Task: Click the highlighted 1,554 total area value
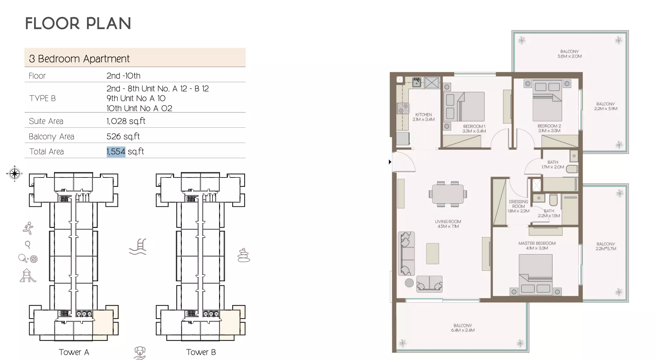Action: tap(116, 152)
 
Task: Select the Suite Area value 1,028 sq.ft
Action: tap(126, 121)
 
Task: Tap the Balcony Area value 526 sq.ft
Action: tap(123, 136)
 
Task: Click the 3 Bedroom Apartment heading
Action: tap(79, 59)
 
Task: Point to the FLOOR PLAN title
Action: tap(78, 23)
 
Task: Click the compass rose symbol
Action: tap(14, 173)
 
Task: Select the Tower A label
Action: tap(74, 352)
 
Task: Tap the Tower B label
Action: tap(201, 352)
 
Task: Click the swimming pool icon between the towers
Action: tap(138, 247)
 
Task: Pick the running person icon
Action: tap(28, 228)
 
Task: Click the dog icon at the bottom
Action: tap(140, 352)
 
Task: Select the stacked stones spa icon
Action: tap(243, 255)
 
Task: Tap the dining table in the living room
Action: tap(448, 194)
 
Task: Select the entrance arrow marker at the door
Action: tap(390, 162)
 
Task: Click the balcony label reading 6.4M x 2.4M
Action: tap(463, 328)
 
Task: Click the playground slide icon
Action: tap(28, 276)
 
